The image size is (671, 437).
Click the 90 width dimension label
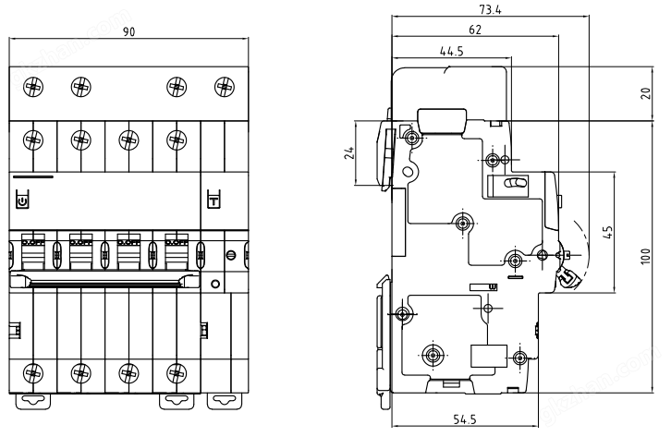(x=128, y=31)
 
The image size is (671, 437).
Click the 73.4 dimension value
(x=490, y=9)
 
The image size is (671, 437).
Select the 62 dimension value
(x=475, y=30)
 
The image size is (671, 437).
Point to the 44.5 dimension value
(x=452, y=52)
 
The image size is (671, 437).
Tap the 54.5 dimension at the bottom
(x=465, y=419)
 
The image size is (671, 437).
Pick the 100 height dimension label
(x=646, y=257)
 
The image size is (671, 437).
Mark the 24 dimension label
(x=349, y=152)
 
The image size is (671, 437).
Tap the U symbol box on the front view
(x=22, y=200)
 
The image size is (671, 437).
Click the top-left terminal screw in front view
(x=33, y=87)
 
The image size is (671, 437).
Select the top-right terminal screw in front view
(x=225, y=87)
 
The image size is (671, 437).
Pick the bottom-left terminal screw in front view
(x=33, y=373)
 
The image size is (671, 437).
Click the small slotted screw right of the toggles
(x=231, y=255)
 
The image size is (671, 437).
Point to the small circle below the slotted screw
(x=215, y=284)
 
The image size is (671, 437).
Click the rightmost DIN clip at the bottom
(x=225, y=402)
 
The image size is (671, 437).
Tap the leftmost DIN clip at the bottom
(x=33, y=402)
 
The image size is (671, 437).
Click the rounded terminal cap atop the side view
(x=442, y=122)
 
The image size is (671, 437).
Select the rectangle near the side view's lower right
(x=489, y=356)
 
